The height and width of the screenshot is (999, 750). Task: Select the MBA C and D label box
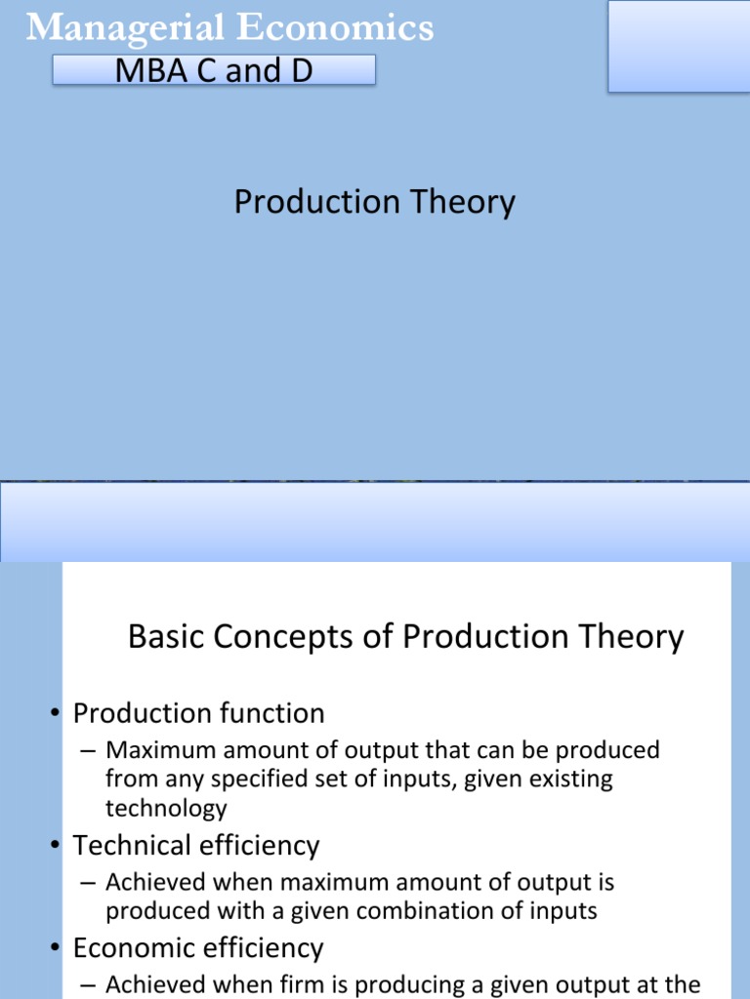click(213, 70)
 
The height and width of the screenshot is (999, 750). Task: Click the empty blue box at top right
click(678, 46)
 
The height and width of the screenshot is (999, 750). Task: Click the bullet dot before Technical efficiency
click(58, 846)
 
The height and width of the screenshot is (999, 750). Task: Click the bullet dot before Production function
click(58, 714)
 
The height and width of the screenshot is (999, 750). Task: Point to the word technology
click(166, 808)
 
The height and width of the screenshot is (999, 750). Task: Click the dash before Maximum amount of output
click(88, 751)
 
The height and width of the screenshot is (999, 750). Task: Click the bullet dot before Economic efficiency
click(58, 949)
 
